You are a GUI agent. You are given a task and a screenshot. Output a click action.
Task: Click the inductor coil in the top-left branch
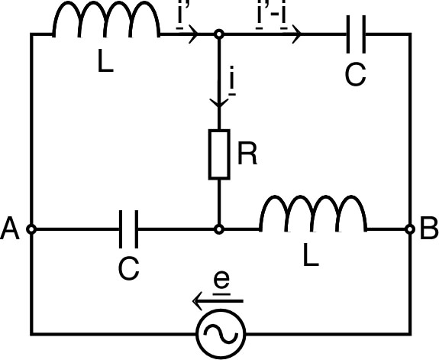(x=105, y=24)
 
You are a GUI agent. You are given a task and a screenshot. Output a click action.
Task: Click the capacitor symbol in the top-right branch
(x=357, y=34)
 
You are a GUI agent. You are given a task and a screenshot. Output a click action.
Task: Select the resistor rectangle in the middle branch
(x=219, y=153)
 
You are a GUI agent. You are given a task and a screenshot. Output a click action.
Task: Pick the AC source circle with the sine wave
(x=220, y=335)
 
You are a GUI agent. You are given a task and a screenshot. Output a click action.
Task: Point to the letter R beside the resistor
(x=247, y=153)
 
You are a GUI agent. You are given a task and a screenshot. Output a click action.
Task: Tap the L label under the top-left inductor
(x=105, y=63)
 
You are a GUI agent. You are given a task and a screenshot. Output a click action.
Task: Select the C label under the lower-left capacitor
(x=128, y=268)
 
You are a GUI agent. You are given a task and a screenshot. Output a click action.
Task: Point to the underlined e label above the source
(x=221, y=281)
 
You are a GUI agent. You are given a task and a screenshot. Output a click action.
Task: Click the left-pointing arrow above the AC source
(x=218, y=301)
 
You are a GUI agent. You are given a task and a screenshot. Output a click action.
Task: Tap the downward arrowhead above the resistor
(x=219, y=100)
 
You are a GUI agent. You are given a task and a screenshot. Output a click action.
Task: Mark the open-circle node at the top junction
(x=219, y=34)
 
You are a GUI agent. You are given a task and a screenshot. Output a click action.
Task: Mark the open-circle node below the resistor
(x=219, y=229)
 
